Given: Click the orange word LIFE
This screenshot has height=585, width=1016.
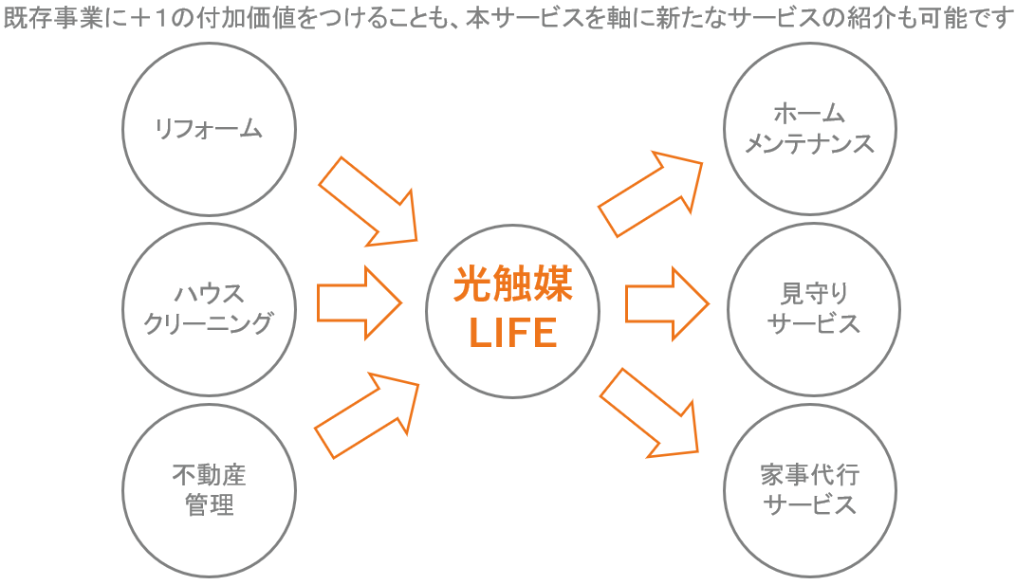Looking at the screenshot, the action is [x=512, y=333].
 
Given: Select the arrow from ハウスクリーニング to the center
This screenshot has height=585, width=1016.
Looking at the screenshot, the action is [x=360, y=302].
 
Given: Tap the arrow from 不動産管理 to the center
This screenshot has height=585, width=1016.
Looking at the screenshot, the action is [x=368, y=415].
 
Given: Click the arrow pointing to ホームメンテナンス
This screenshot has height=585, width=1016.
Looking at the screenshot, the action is [x=651, y=193].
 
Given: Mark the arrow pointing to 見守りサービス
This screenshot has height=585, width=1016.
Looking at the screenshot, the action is [x=668, y=303].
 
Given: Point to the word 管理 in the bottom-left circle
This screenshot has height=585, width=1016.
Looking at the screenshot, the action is [x=210, y=504].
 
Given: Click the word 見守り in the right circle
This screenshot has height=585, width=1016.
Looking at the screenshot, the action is [x=814, y=294].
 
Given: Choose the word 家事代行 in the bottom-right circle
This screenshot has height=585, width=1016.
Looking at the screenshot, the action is [x=810, y=475].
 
